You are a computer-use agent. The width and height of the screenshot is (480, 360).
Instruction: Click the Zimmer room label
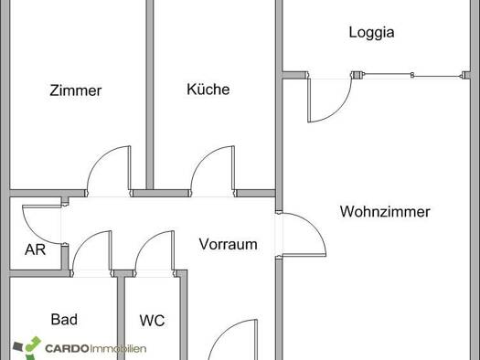pyautogui.click(x=76, y=90)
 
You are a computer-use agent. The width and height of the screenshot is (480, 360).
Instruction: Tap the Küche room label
pyautogui.click(x=208, y=89)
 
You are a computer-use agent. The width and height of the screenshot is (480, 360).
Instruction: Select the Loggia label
pyautogui.click(x=371, y=33)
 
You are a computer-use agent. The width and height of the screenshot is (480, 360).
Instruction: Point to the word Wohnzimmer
pyautogui.click(x=385, y=212)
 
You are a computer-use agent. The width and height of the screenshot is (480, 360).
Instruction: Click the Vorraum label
pyautogui.click(x=228, y=244)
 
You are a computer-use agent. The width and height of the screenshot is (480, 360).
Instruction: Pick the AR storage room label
pyautogui.click(x=36, y=249)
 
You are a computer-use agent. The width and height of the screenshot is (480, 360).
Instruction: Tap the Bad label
pyautogui.click(x=64, y=320)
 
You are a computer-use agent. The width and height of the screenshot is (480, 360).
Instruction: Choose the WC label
pyautogui.click(x=152, y=321)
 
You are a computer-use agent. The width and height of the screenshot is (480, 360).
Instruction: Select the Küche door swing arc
pyautogui.click(x=203, y=161)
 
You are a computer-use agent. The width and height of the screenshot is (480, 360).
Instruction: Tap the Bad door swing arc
pyautogui.click(x=82, y=242)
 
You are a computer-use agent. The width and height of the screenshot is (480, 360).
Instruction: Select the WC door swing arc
pyautogui.click(x=145, y=241)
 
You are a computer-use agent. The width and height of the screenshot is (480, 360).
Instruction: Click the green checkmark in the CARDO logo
pyautogui.click(x=33, y=344)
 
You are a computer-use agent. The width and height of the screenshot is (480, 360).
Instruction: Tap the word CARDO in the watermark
pyautogui.click(x=67, y=348)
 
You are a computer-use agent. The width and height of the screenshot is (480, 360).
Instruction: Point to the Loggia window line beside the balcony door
pyautogui.click(x=411, y=75)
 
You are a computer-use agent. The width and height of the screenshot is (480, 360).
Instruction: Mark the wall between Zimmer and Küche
pyautogui.click(x=149, y=94)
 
